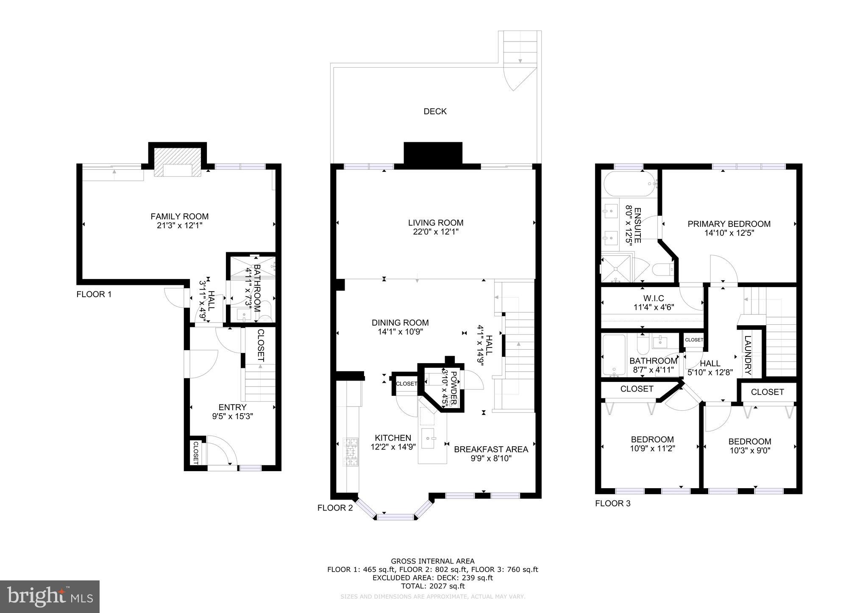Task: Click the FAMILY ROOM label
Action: coord(180,216)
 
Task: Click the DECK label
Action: coord(435,111)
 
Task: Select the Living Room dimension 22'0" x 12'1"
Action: coord(436,232)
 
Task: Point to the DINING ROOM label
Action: coord(400,323)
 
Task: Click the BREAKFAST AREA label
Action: coord(491,449)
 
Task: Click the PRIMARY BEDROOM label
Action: coord(729,224)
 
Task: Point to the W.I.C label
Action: coord(653,298)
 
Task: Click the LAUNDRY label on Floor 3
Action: coord(747,355)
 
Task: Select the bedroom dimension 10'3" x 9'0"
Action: coord(750,451)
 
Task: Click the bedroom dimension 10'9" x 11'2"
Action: coord(652,448)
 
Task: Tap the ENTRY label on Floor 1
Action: coord(233,407)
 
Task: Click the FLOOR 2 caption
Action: coord(335,508)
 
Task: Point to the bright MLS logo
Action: coord(50,596)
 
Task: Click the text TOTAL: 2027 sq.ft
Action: coord(432,586)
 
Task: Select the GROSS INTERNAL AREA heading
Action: coord(432,561)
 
